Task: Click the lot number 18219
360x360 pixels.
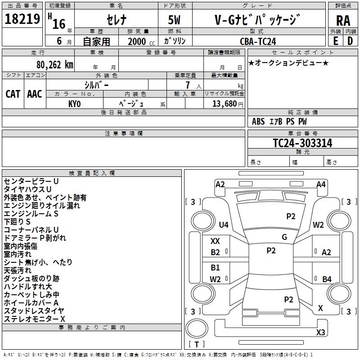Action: click(22, 19)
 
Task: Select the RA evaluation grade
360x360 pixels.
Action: click(343, 21)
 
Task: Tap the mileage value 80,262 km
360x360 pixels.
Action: click(55, 65)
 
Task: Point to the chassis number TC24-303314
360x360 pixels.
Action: click(302, 143)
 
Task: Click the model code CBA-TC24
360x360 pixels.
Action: click(258, 41)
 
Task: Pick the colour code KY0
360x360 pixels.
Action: click(74, 104)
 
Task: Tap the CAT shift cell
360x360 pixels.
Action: click(13, 94)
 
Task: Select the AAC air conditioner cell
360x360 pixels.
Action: click(35, 94)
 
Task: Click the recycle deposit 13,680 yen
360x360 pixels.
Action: click(228, 104)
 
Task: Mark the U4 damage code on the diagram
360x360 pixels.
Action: click(224, 225)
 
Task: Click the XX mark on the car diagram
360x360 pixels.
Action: click(215, 241)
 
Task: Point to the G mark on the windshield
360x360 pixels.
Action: click(284, 237)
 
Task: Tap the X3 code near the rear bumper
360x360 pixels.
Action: click(320, 332)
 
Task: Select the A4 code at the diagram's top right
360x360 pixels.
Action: click(321, 184)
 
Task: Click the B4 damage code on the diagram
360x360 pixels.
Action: click(327, 279)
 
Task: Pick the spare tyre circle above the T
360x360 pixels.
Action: click(197, 328)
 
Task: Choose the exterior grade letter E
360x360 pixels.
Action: click(335, 41)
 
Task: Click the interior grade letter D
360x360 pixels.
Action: click(350, 41)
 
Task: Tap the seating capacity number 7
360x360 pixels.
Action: click(188, 85)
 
